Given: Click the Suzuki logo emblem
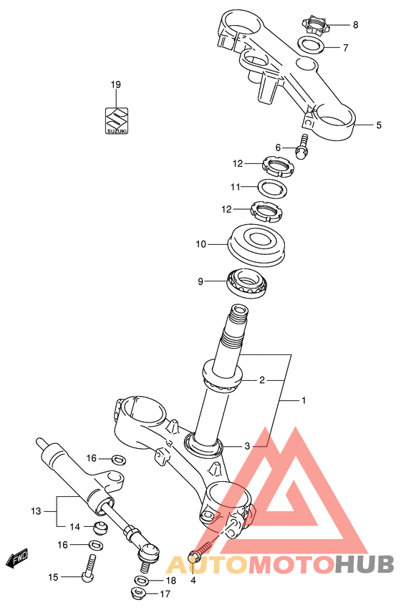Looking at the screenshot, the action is pyautogui.click(x=117, y=120).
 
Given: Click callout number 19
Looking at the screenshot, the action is pyautogui.click(x=116, y=84).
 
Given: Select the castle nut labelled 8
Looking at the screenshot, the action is pyautogui.click(x=314, y=25).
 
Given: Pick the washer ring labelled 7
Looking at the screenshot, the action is pyautogui.click(x=311, y=44).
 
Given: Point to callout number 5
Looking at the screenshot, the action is pyautogui.click(x=379, y=125).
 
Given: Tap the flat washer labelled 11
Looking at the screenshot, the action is pyautogui.click(x=274, y=188).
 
